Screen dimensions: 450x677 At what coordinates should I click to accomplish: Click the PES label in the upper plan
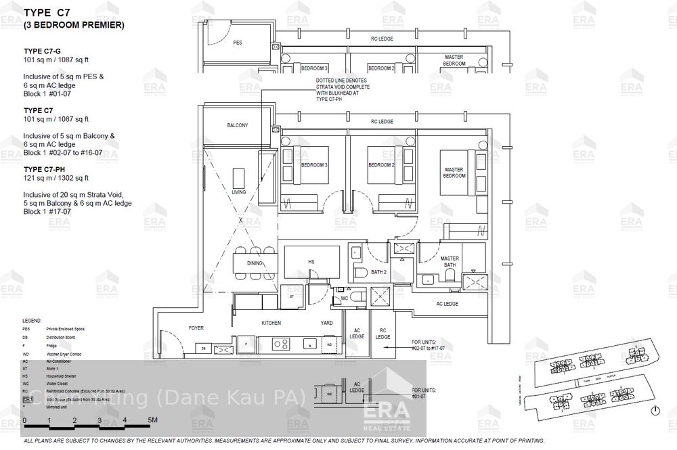[238, 42]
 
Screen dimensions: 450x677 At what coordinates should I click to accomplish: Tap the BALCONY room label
[238, 125]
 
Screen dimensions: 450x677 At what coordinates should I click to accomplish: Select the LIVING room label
[239, 192]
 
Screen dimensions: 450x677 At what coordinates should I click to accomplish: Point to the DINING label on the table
[255, 263]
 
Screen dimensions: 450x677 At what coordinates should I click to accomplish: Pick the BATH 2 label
[378, 272]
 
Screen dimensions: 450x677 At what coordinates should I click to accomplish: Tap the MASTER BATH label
[450, 263]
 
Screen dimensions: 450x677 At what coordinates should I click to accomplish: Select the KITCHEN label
[271, 323]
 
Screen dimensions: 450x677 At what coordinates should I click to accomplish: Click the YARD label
[327, 323]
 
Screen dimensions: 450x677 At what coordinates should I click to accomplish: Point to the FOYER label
[196, 328]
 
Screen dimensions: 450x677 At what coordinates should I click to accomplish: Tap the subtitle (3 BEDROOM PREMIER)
[74, 25]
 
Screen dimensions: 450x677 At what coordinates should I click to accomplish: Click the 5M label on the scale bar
[153, 420]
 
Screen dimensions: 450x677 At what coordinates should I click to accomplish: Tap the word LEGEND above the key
[32, 320]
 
